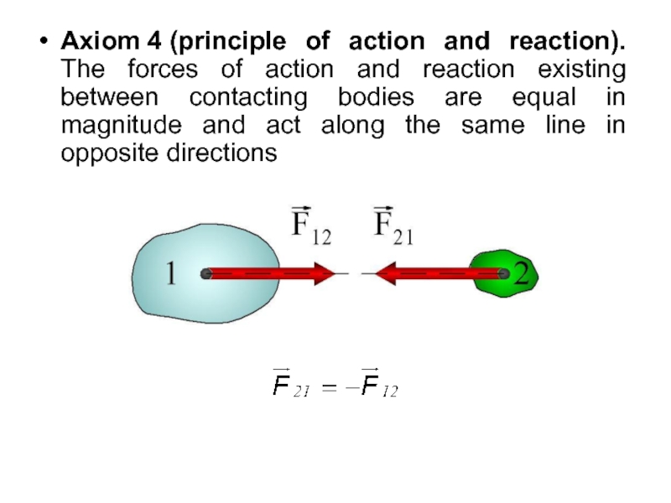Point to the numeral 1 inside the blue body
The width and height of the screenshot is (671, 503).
tap(170, 273)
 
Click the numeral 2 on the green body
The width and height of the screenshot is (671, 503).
tap(523, 273)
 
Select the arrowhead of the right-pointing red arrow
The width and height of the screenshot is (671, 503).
tap(324, 273)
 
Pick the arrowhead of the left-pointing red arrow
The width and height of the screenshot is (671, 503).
tap(388, 273)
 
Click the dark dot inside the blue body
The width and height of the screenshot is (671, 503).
tap(205, 273)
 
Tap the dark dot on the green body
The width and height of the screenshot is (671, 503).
tap(502, 273)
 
